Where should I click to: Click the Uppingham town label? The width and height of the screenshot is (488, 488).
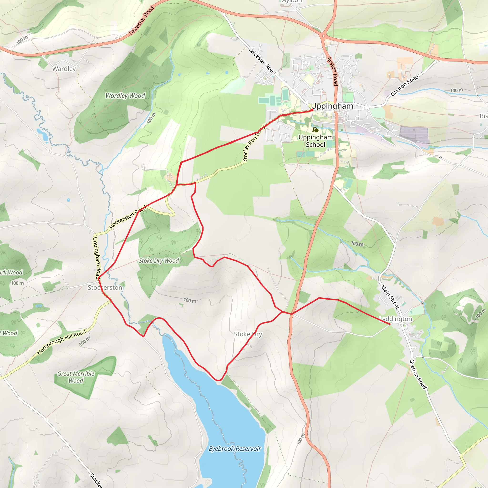(x=332, y=106)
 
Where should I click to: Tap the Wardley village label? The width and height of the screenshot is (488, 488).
(x=64, y=69)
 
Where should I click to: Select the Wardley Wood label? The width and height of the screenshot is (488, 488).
(x=125, y=96)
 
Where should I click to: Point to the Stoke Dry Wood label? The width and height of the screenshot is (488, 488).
(x=159, y=261)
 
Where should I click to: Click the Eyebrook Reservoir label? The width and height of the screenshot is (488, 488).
(x=235, y=449)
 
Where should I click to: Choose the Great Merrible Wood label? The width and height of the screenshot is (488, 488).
(x=76, y=377)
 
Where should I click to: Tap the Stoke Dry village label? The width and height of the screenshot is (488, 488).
(x=248, y=334)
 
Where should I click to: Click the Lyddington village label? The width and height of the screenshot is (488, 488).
(x=396, y=319)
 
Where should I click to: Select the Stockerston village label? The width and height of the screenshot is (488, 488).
(x=105, y=287)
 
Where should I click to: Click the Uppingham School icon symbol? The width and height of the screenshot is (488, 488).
(x=315, y=130)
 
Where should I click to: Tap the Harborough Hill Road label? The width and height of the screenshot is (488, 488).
(x=61, y=342)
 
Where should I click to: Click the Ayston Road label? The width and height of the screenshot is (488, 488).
(x=332, y=71)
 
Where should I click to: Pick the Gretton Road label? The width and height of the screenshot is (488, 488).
(x=418, y=374)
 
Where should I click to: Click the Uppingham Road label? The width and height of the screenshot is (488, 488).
(x=97, y=258)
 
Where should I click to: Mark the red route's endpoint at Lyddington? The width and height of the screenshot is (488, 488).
(x=390, y=324)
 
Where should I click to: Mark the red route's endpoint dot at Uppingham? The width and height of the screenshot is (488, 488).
(x=312, y=110)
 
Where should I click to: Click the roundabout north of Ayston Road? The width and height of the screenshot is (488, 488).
(x=323, y=36)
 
